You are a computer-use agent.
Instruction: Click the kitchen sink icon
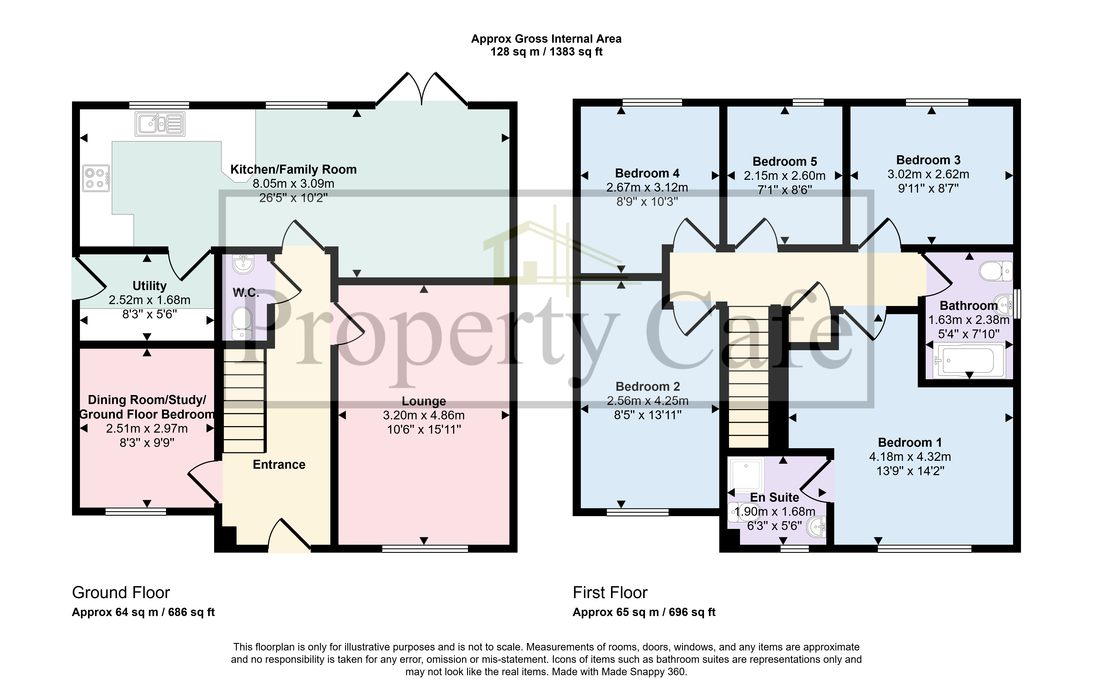pyautogui.click(x=160, y=124)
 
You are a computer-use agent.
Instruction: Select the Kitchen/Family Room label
pyautogui.click(x=293, y=170)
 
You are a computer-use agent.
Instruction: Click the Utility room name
pyautogui.click(x=149, y=286)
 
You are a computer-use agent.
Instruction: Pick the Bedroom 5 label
pyautogui.click(x=784, y=161)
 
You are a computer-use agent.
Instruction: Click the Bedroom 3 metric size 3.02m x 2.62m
pyautogui.click(x=928, y=174)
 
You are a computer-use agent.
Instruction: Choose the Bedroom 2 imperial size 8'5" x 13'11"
pyautogui.click(x=648, y=415)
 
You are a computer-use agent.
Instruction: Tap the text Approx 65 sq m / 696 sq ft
pyautogui.click(x=644, y=612)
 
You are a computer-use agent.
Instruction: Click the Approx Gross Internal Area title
pyautogui.click(x=546, y=39)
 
